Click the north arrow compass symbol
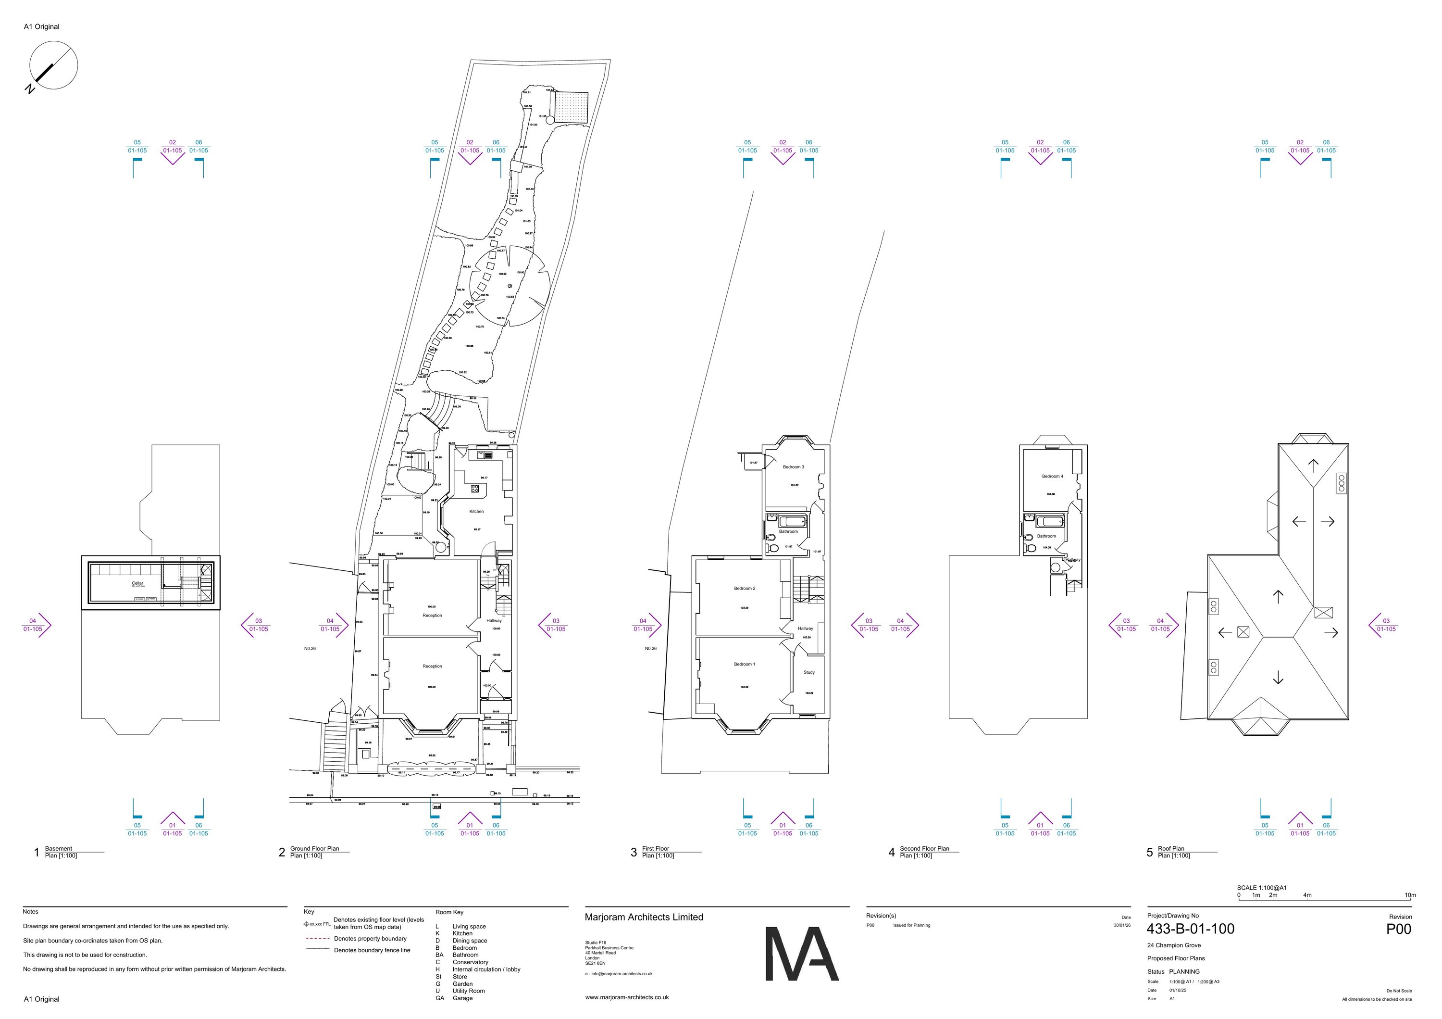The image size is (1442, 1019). pos(53,65)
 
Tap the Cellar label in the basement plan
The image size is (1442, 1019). pos(137,583)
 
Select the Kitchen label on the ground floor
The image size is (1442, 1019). pos(477,511)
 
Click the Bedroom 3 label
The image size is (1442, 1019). pos(793,467)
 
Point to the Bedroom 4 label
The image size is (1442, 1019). pos(1053,476)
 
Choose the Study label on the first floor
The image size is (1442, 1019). pos(809,672)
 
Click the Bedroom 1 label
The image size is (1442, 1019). pos(744,664)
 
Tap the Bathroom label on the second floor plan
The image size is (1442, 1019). pos(1046,536)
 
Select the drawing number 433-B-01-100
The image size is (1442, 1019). pos(1190,929)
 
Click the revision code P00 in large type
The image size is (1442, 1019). pos(1399,929)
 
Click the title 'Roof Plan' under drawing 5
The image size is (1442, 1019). pos(1171,849)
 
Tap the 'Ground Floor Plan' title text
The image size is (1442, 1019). pos(314,849)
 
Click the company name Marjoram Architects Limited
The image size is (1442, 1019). pos(644,917)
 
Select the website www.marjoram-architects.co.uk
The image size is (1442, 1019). pos(627,997)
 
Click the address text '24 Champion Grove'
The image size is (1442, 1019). pos(1174,945)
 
